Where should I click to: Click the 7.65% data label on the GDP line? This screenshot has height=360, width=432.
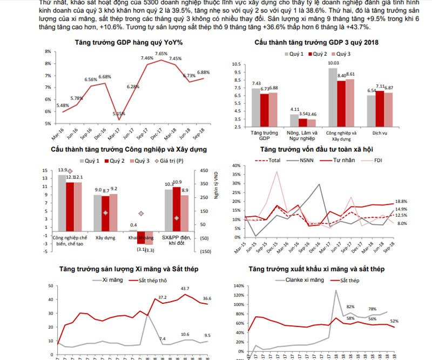161,54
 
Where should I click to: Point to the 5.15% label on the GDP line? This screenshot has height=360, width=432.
119,114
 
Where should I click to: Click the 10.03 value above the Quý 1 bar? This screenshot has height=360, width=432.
333,63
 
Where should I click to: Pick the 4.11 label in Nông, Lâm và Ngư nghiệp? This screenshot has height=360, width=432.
294,110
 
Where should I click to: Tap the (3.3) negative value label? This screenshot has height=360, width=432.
150,250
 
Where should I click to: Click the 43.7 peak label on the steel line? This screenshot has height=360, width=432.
185,288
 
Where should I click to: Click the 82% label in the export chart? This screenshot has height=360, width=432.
350,307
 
